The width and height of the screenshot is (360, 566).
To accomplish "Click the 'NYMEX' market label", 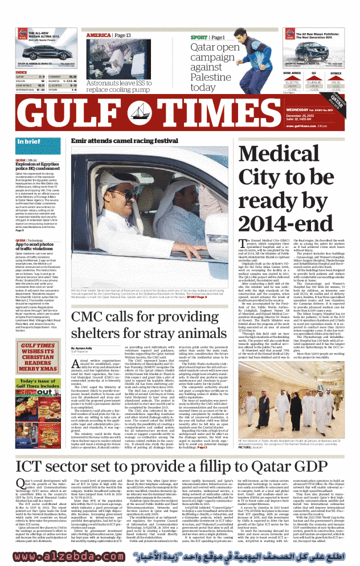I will point(336,73).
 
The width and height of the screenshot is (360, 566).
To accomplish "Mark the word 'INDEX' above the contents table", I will point(21,72).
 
